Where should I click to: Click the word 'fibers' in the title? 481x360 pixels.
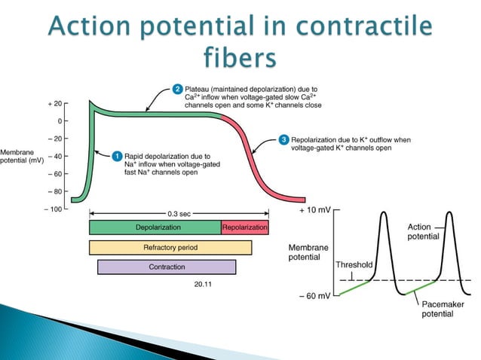point(240,57)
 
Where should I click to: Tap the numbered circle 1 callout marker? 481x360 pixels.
point(117,155)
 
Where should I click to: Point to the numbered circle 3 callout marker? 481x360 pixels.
point(283,140)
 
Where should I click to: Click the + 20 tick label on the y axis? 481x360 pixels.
point(53,103)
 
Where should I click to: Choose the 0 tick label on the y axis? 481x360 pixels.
point(58,121)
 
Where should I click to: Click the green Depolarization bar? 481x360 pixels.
point(155,227)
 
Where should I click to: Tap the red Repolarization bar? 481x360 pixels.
point(245,227)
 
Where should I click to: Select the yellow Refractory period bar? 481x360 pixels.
point(170,247)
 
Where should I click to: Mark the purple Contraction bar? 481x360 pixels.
point(166,267)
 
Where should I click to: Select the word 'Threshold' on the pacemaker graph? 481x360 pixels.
point(353,265)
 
